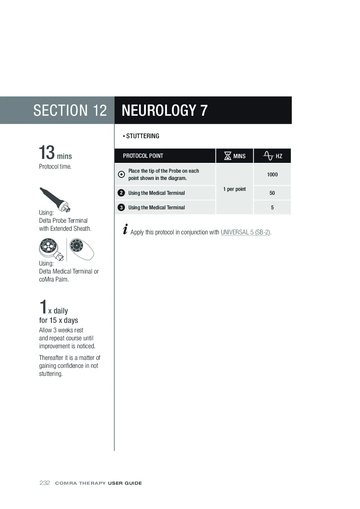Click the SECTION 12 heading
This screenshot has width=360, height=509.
(x=70, y=110)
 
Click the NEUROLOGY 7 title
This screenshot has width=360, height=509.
(x=164, y=110)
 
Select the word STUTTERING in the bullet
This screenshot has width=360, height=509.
(x=143, y=136)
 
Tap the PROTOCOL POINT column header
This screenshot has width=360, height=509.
(x=143, y=156)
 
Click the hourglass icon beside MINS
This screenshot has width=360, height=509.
(x=228, y=156)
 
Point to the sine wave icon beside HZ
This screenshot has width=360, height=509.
(x=268, y=156)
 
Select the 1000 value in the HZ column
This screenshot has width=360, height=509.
(x=272, y=175)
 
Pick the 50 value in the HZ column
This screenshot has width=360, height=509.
(x=272, y=193)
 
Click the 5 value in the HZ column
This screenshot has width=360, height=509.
(x=272, y=208)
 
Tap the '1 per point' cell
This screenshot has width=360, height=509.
(x=234, y=189)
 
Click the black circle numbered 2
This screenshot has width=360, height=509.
(x=121, y=193)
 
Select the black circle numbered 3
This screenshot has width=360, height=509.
(x=121, y=208)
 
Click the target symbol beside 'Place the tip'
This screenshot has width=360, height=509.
(x=121, y=175)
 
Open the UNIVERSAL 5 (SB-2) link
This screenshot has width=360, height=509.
(x=245, y=232)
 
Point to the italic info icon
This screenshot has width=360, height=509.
(x=125, y=229)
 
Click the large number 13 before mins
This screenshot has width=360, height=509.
(x=47, y=152)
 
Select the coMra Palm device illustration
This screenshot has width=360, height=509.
(x=82, y=249)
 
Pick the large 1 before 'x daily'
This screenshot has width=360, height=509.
(x=43, y=307)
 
